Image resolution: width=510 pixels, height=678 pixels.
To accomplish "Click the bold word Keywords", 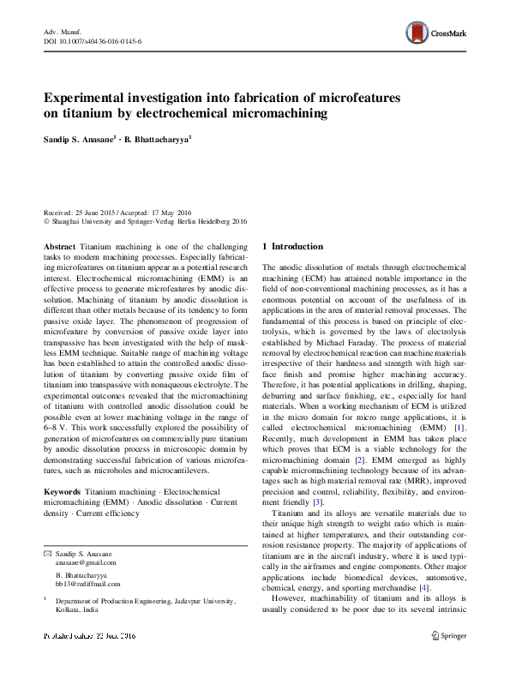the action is pyautogui.click(x=62, y=493).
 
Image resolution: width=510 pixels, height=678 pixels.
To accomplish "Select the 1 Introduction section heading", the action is pyautogui.click(x=292, y=247).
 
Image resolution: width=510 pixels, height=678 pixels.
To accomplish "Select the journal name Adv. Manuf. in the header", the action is pyautogui.click(x=61, y=31).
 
